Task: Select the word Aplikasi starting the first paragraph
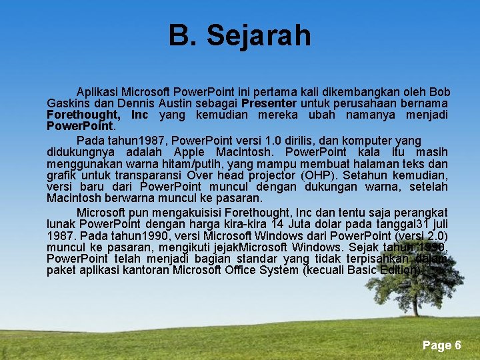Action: (x=98, y=91)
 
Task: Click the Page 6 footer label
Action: (x=441, y=345)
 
